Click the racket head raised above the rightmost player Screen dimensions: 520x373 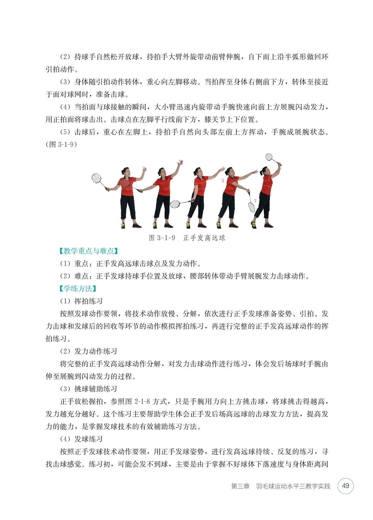(269, 157)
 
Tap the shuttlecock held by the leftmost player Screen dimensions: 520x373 (143, 167)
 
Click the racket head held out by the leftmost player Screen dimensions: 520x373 (96, 178)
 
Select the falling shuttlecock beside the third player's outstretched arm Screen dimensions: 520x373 (223, 181)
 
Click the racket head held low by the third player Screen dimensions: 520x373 (175, 204)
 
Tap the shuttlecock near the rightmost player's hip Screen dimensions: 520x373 (255, 200)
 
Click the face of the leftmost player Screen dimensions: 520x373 (125, 173)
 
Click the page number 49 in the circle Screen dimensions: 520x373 (345, 486)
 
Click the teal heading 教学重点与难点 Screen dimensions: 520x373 (89, 251)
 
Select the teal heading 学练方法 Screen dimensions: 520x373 (78, 289)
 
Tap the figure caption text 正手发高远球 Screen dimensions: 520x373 (204, 238)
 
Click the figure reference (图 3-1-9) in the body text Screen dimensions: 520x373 (61, 145)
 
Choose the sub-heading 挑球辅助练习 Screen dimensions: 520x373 (96, 389)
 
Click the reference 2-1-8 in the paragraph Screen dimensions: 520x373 (142, 402)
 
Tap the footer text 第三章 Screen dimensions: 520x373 (240, 486)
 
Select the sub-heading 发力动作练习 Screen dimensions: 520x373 (96, 351)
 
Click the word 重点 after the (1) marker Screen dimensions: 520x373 (81, 264)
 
